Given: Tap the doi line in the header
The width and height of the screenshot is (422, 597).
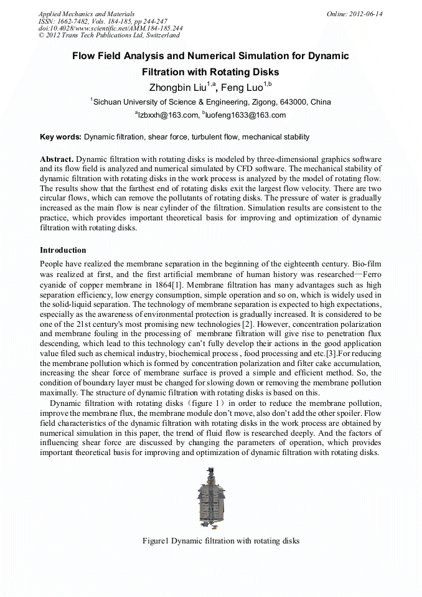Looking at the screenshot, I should (x=110, y=29).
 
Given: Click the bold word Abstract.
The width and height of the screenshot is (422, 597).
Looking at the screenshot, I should (x=57, y=159).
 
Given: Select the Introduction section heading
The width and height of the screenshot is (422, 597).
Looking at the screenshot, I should (x=63, y=250).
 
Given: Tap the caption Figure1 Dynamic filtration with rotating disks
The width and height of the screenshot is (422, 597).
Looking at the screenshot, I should (x=221, y=541).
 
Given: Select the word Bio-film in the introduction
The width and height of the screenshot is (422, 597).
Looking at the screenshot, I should (x=366, y=265).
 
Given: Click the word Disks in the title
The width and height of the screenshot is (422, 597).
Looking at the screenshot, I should (x=263, y=72).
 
